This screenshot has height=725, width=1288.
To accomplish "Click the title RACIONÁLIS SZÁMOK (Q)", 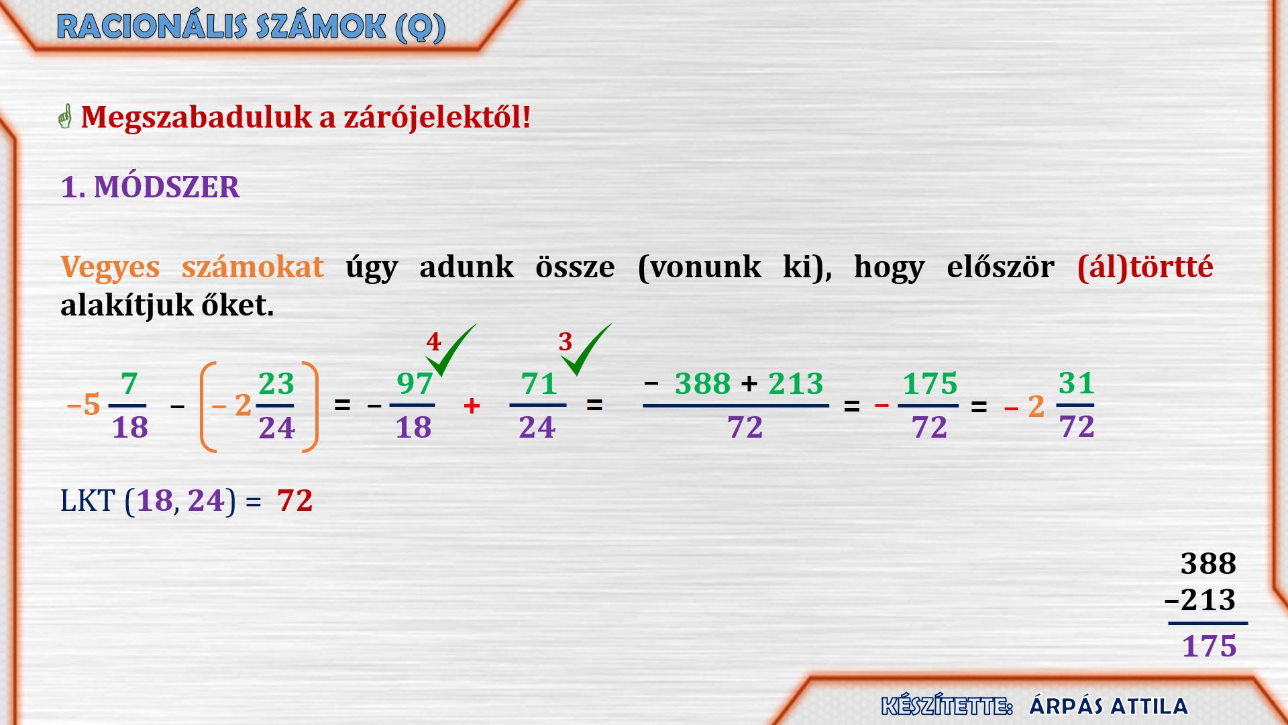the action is pos(252,27).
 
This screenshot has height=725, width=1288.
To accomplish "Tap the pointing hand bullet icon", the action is pos(65,117).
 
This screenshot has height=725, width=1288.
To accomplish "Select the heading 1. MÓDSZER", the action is pos(150,187).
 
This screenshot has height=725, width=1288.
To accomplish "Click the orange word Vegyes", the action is pos(110,267).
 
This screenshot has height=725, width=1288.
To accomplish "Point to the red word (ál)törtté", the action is pos(1145,267).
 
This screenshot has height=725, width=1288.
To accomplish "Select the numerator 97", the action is pos(415,383).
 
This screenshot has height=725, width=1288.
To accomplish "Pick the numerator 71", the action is pos(539,383).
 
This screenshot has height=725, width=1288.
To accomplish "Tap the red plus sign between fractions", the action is pos(472,405).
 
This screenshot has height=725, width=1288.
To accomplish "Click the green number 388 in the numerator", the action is pos(702,383).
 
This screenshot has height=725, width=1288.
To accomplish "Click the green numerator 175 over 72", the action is pos(930,383).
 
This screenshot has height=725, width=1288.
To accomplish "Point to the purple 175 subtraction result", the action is pos(1209,646).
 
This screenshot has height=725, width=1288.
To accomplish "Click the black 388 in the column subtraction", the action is pos(1208,563).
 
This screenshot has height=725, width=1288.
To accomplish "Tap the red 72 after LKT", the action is pos(295,501).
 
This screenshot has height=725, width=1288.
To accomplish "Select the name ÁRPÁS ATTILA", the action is pos(1108,706).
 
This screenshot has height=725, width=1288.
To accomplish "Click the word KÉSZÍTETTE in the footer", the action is pos(946,706).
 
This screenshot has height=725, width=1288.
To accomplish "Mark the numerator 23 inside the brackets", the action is pos(276,383).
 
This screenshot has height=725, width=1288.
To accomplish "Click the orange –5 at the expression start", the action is pos(84,405).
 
